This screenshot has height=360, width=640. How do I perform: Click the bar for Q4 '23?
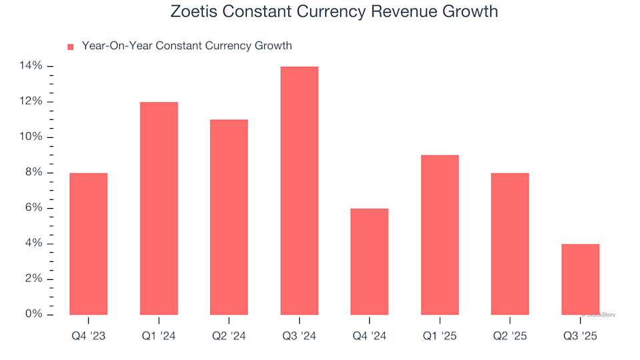coord(88,243)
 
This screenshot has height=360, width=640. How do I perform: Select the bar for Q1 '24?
coord(159,208)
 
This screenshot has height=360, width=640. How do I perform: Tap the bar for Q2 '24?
coord(229,217)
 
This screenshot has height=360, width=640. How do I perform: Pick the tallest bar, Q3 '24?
coord(299,190)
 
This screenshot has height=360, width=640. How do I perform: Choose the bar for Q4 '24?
coord(369,261)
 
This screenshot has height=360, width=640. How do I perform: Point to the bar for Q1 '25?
coord(440,235)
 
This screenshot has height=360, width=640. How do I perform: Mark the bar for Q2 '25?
coord(510,243)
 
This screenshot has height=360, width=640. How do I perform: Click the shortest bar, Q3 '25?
coord(581,279)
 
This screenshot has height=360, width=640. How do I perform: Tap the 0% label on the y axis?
coord(34,314)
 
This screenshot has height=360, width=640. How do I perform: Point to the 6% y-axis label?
coord(34,208)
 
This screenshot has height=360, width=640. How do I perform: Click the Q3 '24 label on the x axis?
coord(299,337)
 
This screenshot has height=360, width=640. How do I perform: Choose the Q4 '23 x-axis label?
coord(88,337)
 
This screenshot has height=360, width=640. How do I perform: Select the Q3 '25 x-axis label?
coord(581,337)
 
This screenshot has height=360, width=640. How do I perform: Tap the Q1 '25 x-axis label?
coord(440,337)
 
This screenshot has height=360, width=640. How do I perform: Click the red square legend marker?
coord(70,47)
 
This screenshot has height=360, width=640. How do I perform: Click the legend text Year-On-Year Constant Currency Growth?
coord(187,46)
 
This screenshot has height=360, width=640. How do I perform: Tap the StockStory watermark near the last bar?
coord(599,314)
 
